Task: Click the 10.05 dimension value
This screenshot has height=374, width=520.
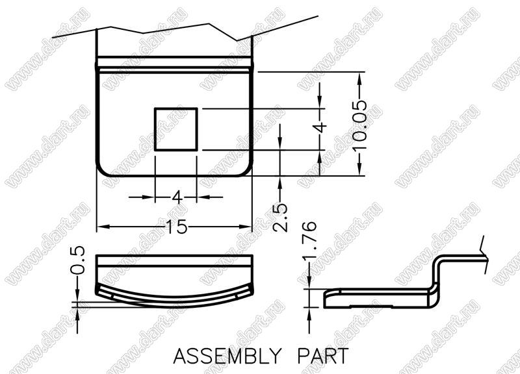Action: pos(360,125)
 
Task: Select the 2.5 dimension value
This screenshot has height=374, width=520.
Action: pos(280,218)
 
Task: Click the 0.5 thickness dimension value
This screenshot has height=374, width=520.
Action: pos(77,260)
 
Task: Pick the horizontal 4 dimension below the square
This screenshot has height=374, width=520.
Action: pos(177,198)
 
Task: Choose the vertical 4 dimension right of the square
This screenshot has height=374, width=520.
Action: pos(320,127)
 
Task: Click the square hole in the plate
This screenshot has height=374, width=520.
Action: pos(176,129)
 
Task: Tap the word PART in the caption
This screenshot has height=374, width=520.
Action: pos(322,356)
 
